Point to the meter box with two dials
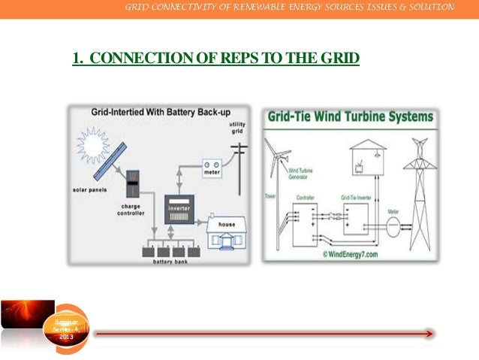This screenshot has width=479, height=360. tap(209, 167)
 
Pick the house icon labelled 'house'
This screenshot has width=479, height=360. tap(225, 236)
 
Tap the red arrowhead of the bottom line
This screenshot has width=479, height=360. tap(429, 334)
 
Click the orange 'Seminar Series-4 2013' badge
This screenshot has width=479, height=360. tap(67, 329)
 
